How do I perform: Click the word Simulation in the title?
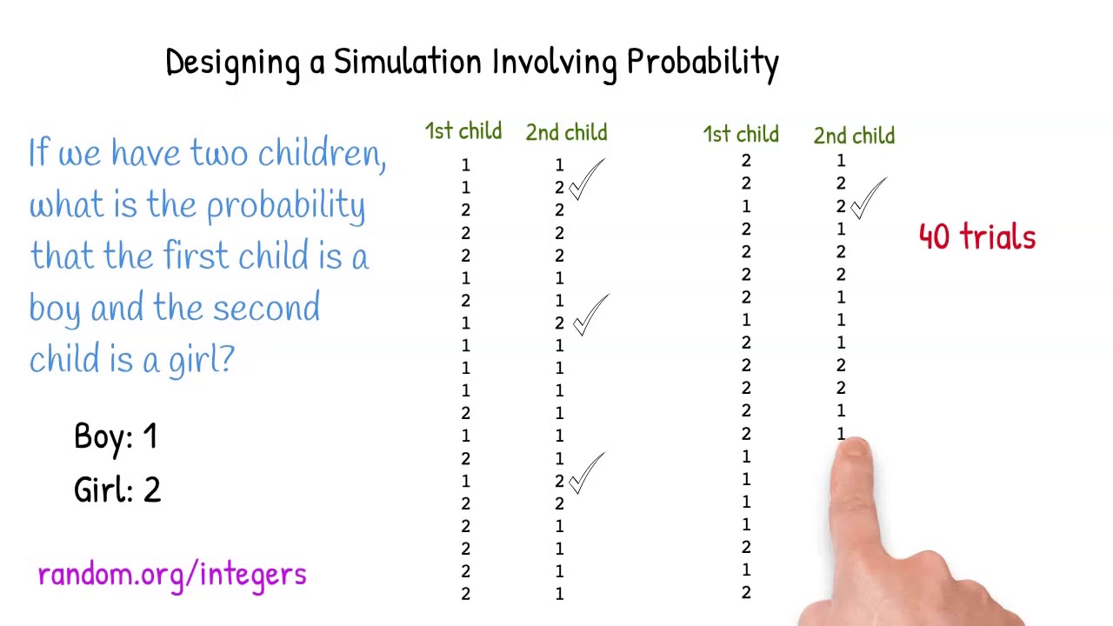tap(407, 63)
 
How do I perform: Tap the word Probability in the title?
tap(703, 63)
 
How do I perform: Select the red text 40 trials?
tap(976, 236)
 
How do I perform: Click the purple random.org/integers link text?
tap(172, 574)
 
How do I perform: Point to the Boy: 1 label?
tap(116, 436)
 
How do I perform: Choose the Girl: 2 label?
tap(117, 489)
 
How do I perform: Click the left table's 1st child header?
tap(463, 132)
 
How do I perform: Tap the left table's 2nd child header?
tap(566, 133)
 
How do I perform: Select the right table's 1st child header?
tap(741, 135)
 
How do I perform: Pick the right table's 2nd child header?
tap(854, 136)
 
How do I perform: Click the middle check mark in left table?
tap(590, 316)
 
